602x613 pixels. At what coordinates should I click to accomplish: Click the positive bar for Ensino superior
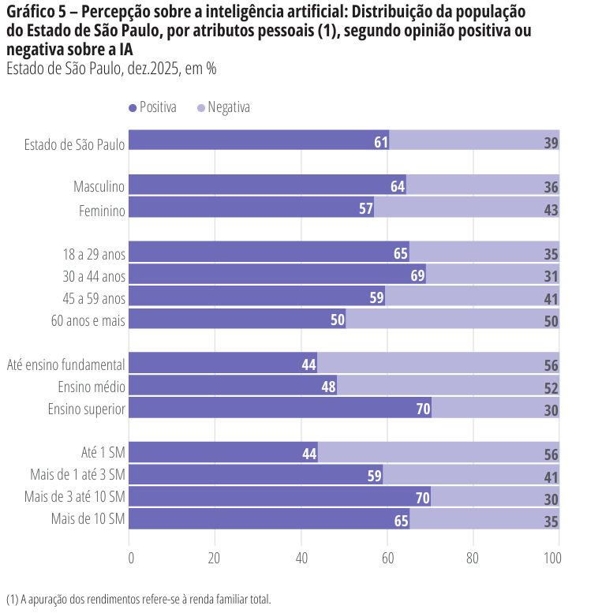click(279, 409)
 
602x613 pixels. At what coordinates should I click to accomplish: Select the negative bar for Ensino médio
click(447, 387)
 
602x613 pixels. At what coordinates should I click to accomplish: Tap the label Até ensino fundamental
click(66, 364)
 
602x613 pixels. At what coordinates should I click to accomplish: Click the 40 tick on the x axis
click(301, 558)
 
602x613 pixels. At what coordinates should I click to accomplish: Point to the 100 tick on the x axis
click(553, 558)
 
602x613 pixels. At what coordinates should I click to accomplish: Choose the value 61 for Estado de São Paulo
click(381, 142)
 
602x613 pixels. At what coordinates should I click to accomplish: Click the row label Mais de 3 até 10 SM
click(75, 497)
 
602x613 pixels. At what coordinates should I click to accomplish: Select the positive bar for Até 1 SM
click(222, 454)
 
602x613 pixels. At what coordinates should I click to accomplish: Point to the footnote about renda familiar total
click(138, 599)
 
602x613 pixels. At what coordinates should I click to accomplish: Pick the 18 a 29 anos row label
click(94, 254)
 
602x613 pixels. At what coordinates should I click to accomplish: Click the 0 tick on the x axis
click(130, 558)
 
